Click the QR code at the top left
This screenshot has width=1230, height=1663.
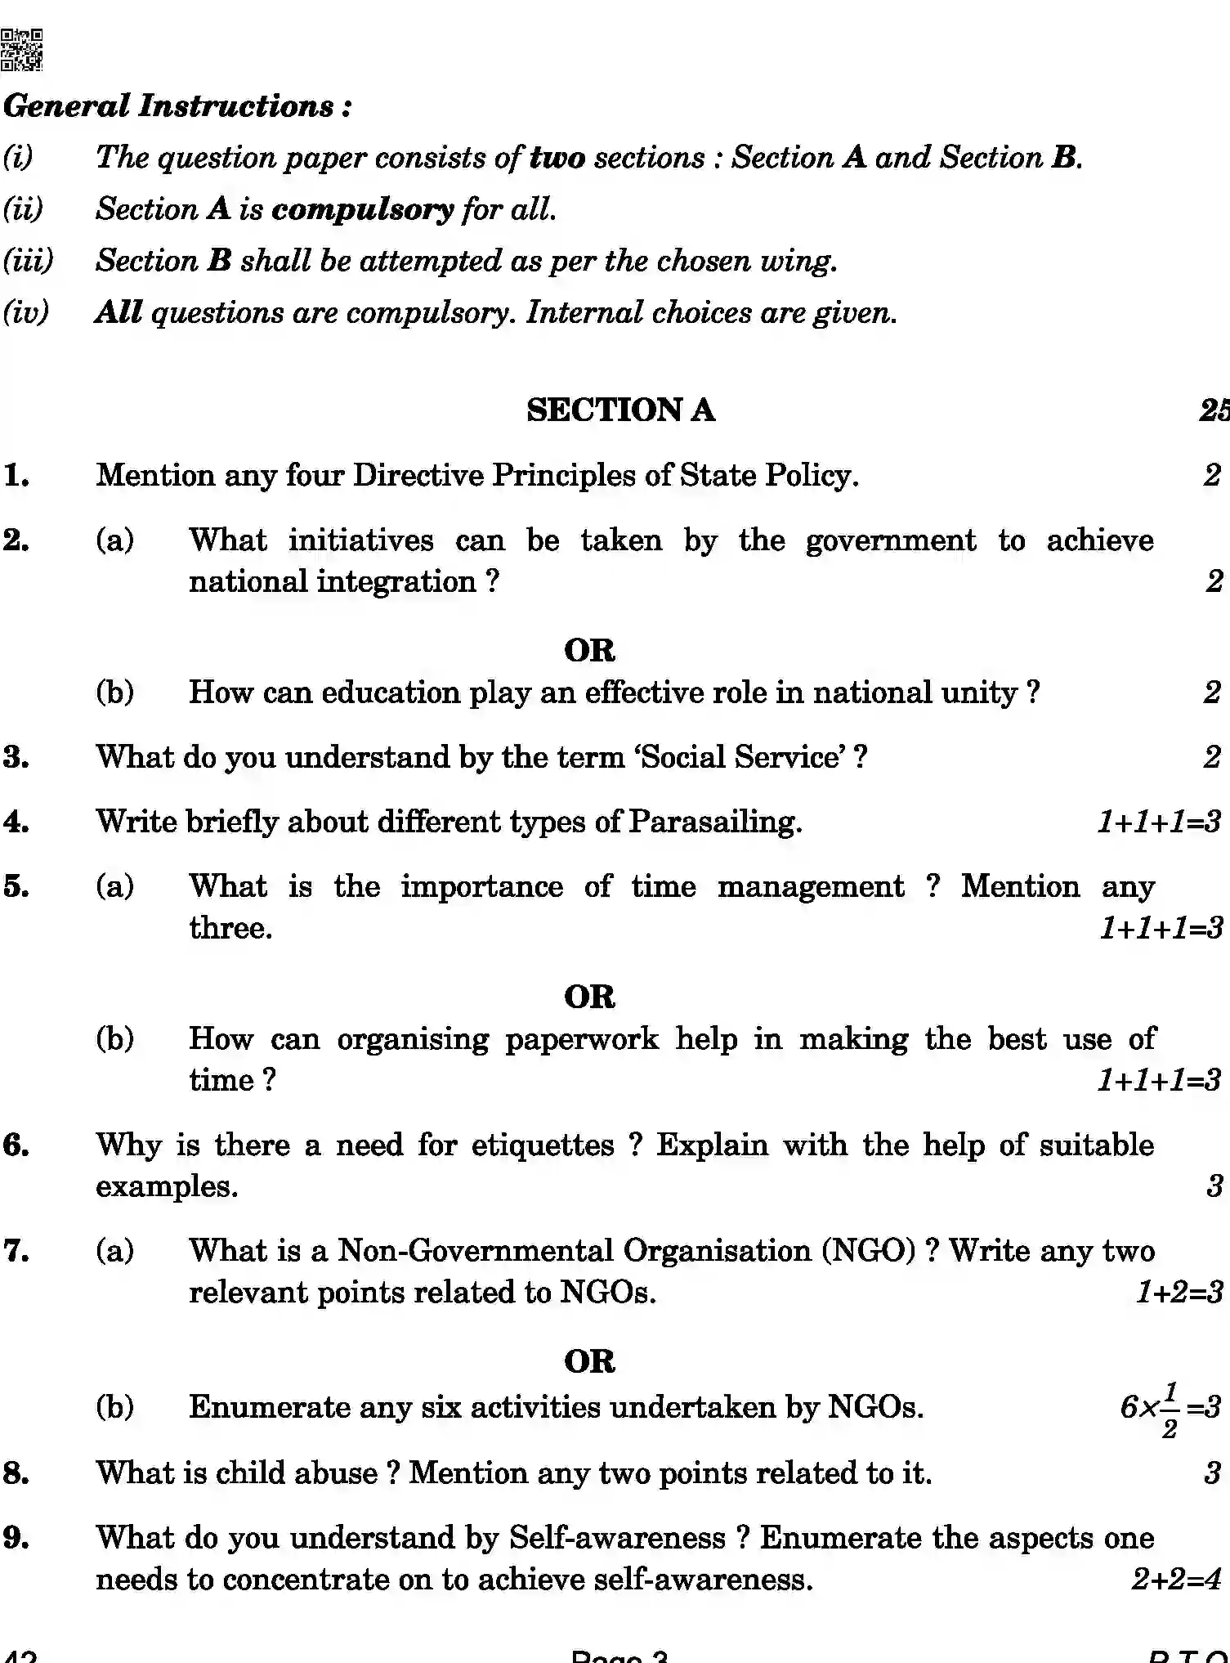(x=22, y=50)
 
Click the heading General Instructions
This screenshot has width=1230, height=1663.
(x=177, y=106)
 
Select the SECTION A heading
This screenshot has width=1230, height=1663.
(x=620, y=410)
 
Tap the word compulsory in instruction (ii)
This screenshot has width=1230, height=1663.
(x=362, y=210)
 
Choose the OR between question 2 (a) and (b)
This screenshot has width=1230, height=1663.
(x=589, y=651)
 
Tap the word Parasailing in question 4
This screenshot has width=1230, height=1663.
(x=714, y=822)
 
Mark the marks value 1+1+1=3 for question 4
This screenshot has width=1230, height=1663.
(x=1158, y=822)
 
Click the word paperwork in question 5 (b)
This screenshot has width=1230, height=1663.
(x=581, y=1039)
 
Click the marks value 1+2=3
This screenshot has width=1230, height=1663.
(x=1179, y=1293)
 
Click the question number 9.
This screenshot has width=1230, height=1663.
(x=16, y=1538)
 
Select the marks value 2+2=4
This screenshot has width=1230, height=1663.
(x=1175, y=1580)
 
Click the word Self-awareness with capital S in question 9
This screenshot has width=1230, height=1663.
(x=617, y=1538)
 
